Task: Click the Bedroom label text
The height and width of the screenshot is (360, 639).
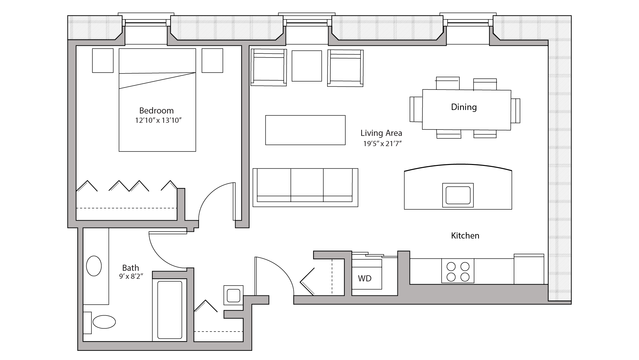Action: (156, 111)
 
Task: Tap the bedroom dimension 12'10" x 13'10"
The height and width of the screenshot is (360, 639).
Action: (158, 121)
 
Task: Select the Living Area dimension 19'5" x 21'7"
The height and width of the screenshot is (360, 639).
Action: (382, 144)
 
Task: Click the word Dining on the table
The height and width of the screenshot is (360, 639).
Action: (464, 107)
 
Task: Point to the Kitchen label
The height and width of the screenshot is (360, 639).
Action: (465, 236)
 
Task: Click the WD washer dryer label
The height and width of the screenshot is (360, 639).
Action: (365, 278)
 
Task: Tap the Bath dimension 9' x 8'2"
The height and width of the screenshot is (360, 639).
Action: (131, 277)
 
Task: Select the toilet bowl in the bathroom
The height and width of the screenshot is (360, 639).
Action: (104, 322)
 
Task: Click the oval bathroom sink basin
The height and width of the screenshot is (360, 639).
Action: (94, 266)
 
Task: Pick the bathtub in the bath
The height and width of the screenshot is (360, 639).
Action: (170, 309)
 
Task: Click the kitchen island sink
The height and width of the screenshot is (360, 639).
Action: (458, 195)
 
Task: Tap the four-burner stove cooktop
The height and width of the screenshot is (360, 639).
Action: (458, 271)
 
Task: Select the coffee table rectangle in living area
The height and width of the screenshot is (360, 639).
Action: (305, 130)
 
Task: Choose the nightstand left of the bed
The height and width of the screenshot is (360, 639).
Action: (103, 60)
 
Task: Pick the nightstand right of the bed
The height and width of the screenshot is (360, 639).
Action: (212, 60)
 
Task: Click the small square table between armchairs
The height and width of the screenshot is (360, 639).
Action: (306, 66)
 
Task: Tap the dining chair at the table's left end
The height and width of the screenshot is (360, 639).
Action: (416, 109)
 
